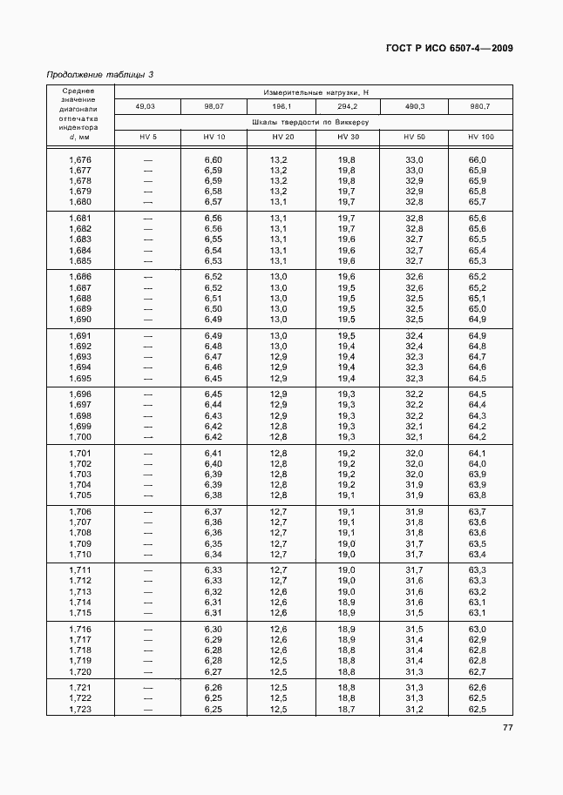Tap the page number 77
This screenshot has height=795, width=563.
click(506, 728)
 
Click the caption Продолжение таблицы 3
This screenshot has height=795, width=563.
click(99, 75)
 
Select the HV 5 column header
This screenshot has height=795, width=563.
click(147, 138)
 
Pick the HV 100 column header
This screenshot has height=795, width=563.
click(480, 138)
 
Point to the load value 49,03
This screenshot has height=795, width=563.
click(147, 106)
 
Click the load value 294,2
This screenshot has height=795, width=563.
click(347, 106)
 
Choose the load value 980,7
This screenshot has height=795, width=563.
click(480, 106)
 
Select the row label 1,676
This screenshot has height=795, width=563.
click(79, 159)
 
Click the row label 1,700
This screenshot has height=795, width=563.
click(79, 436)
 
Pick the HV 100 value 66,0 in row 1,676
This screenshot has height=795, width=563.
click(477, 159)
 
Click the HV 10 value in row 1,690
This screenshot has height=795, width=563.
click(214, 319)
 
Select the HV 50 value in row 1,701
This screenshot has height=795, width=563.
click(414, 454)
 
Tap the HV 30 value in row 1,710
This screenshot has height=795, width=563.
click(346, 554)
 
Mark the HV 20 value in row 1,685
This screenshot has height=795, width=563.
click(279, 260)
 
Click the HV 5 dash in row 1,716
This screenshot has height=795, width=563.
click(147, 629)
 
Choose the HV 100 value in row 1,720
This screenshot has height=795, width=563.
click(477, 671)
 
